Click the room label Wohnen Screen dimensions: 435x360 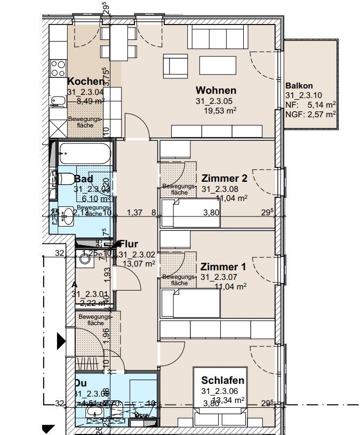[215, 91]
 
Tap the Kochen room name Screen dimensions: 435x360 [85, 82]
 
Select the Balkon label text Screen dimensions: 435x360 [299, 85]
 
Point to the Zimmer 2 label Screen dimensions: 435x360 [224, 178]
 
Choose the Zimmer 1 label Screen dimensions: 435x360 [223, 267]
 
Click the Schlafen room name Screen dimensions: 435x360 [223, 380]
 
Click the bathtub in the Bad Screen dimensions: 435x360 [85, 154]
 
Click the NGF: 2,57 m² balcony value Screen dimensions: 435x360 [310, 114]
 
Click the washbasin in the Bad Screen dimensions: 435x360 [67, 216]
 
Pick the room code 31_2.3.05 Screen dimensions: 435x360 [215, 101]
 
